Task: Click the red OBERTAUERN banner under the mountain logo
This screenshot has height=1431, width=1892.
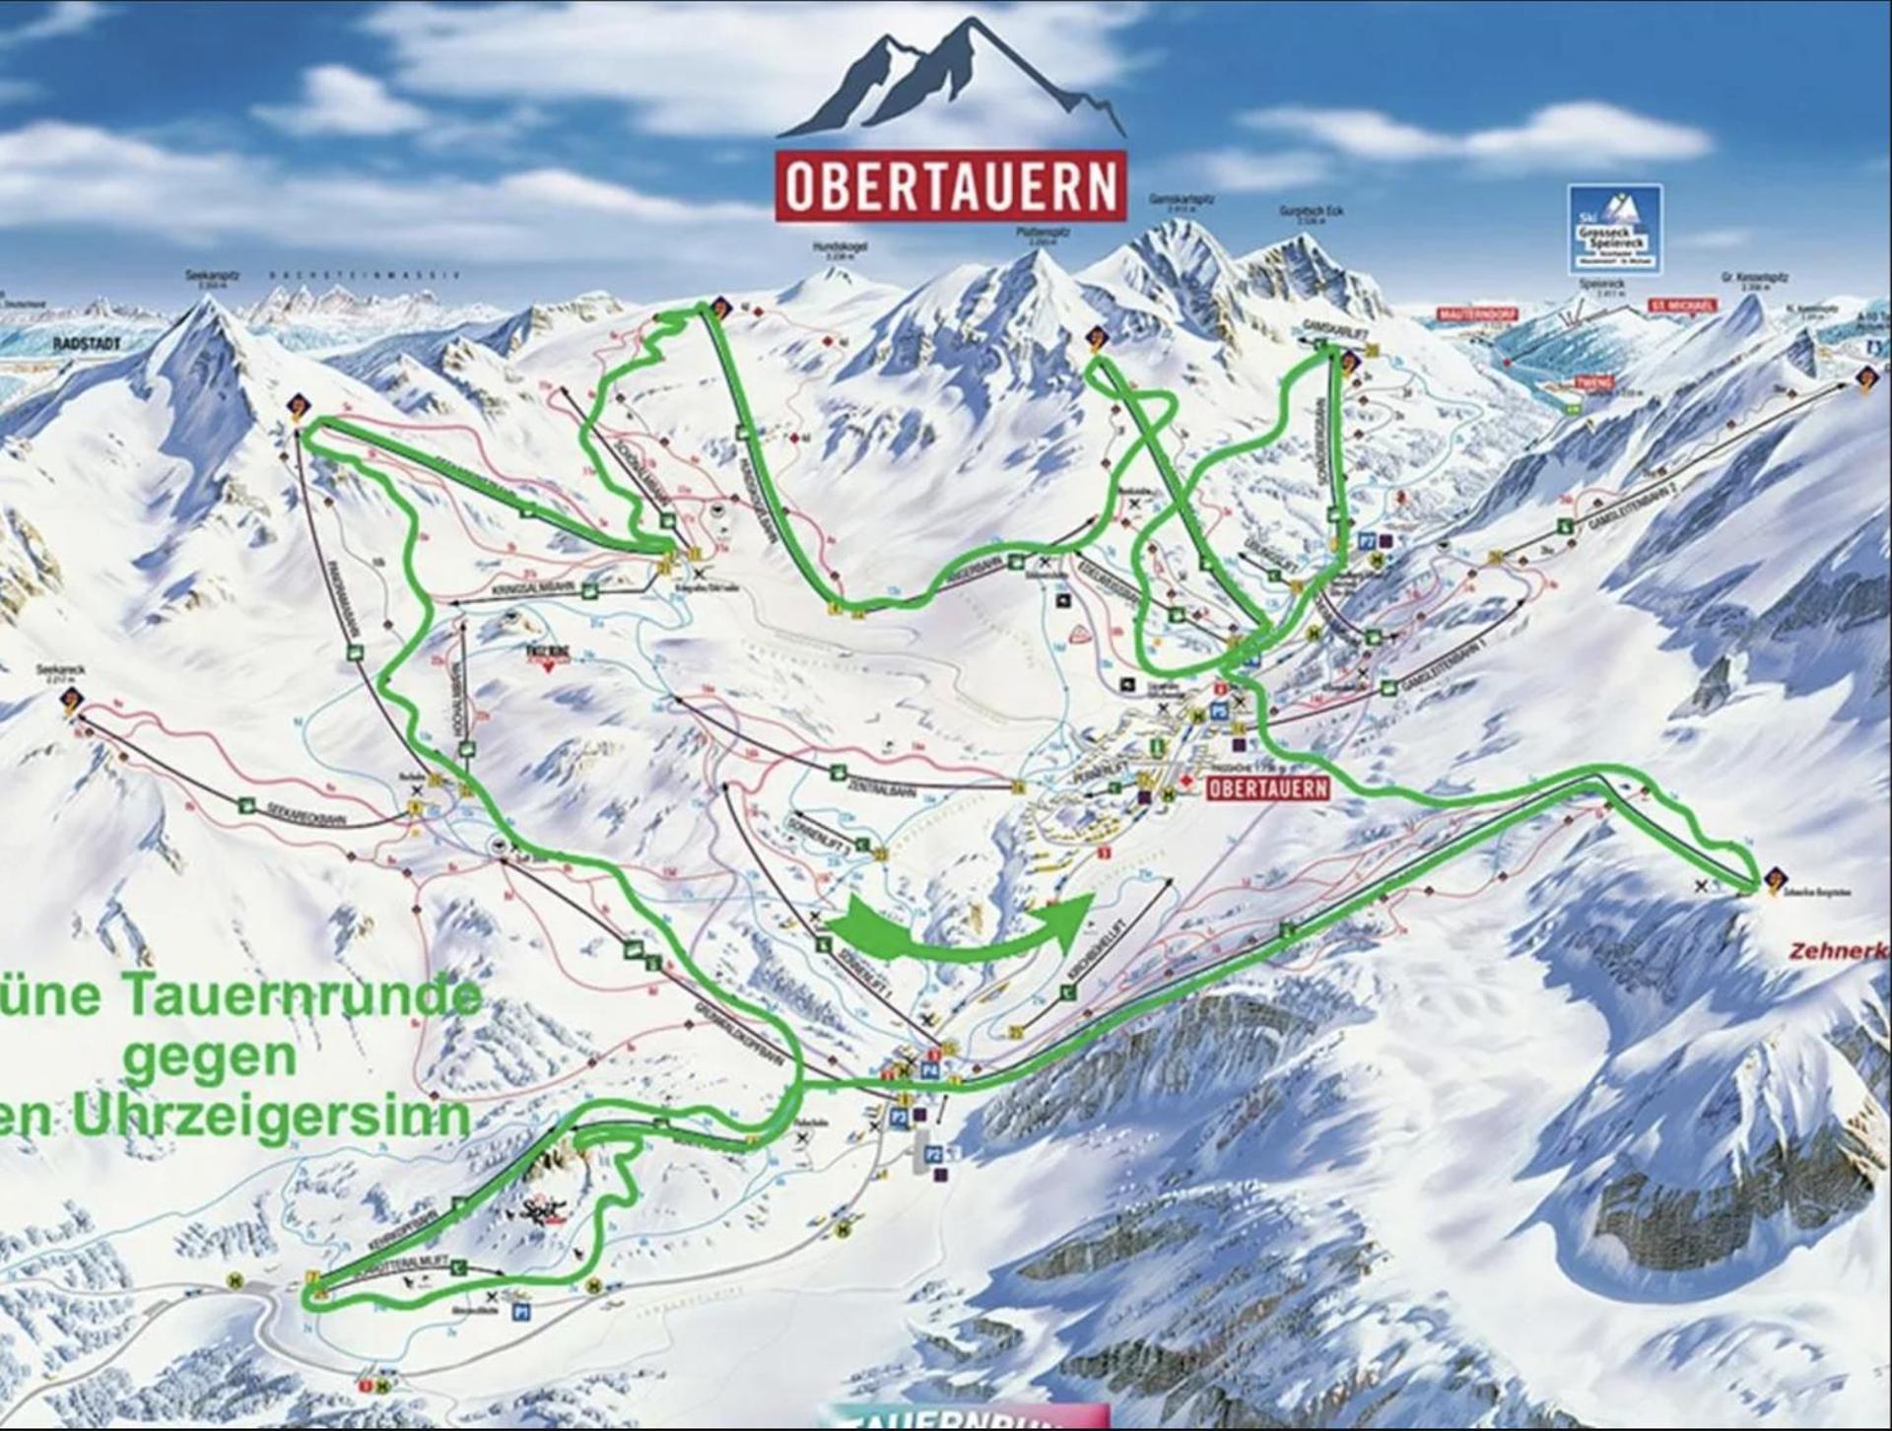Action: (x=951, y=186)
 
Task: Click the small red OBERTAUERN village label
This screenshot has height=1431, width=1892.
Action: (x=1267, y=788)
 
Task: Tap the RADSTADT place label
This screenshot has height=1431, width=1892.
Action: (x=87, y=344)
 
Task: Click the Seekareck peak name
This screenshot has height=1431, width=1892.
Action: (x=61, y=670)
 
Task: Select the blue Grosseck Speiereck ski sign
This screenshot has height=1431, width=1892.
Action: (x=1614, y=230)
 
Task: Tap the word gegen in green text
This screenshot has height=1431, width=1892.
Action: (x=211, y=1056)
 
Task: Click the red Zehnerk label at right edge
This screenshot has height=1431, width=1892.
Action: (x=1839, y=951)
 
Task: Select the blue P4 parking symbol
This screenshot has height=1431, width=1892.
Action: (x=929, y=1068)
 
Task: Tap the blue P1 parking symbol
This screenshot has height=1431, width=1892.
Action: (x=521, y=1312)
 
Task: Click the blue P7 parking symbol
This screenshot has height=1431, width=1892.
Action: (x=1367, y=540)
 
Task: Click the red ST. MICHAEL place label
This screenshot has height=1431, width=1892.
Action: (x=1682, y=306)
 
